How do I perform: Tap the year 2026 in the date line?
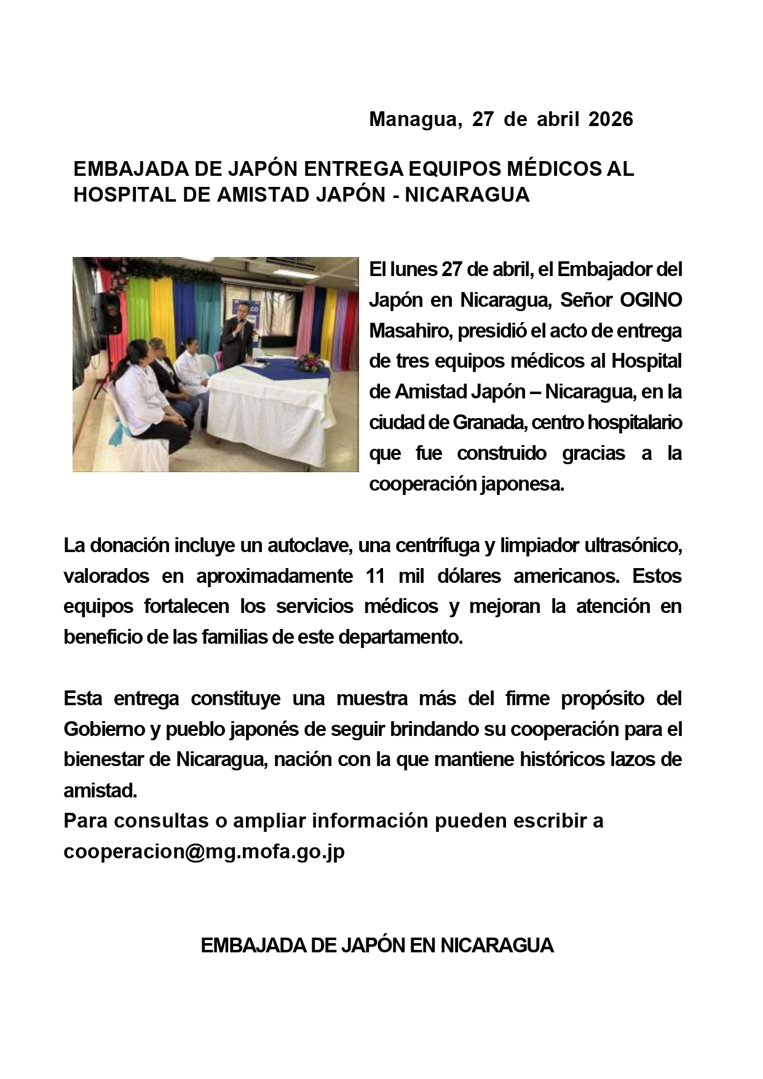tap(611, 119)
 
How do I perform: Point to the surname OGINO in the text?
tap(650, 300)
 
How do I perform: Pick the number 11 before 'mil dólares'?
tap(375, 576)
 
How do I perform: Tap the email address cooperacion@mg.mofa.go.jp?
tap(204, 852)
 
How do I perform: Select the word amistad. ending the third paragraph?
tap(100, 791)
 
